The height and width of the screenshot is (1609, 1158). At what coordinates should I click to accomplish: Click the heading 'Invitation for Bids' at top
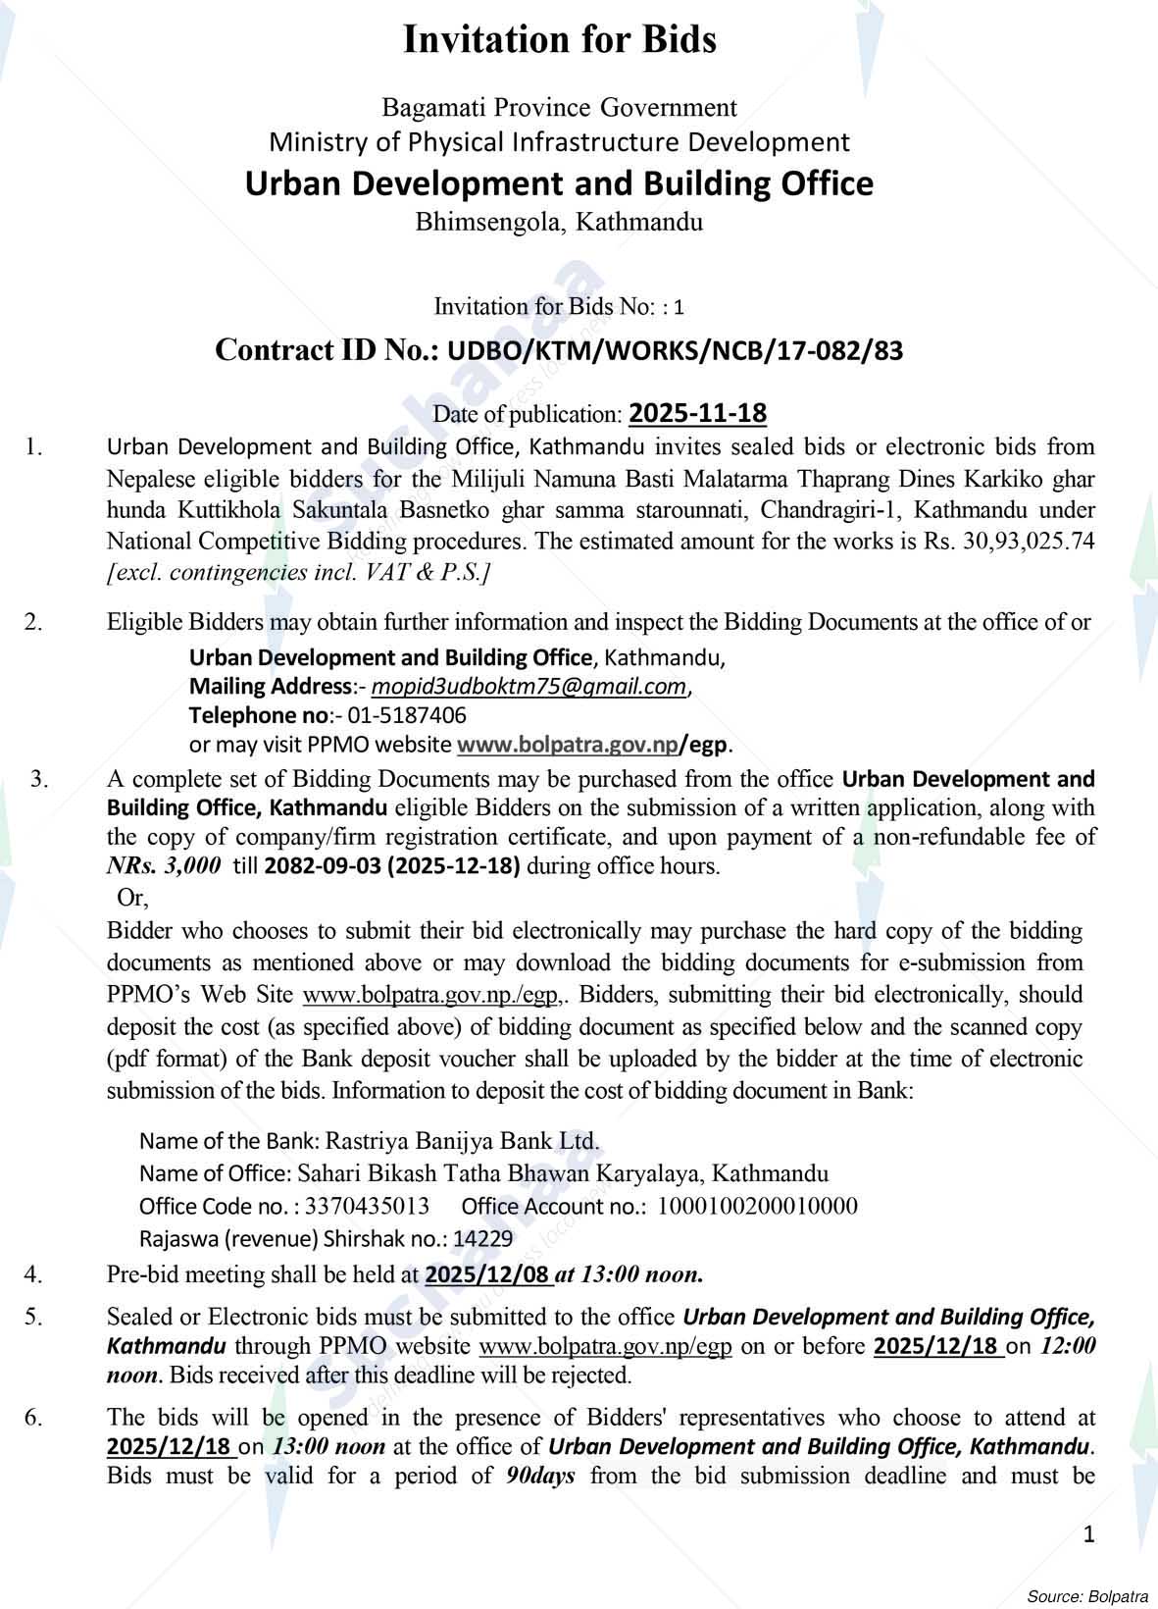coord(560,40)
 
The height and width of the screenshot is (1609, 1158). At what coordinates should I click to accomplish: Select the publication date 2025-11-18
coord(697,413)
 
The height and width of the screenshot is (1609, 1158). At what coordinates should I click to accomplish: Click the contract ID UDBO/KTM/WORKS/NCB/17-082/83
coord(675,350)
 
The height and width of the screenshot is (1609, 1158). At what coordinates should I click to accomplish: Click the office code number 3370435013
coord(368,1206)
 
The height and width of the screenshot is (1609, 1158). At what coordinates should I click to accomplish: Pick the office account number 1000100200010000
coord(757,1206)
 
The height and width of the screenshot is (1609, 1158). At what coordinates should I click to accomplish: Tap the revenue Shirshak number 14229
coord(482,1238)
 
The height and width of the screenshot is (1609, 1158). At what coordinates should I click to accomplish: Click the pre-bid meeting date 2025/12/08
coord(487,1274)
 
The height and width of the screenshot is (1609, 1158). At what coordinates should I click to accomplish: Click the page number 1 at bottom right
coord(1088,1533)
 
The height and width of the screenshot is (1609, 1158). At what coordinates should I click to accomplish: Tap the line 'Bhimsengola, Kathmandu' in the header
coord(559,222)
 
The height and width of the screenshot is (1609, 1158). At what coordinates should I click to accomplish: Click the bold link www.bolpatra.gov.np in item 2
coord(568,744)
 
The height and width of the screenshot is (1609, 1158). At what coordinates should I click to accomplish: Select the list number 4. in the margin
coord(34,1274)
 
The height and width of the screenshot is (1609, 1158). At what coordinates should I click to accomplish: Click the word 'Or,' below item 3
coord(132,897)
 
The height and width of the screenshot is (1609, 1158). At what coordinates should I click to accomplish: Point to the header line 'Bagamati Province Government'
coord(559,106)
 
